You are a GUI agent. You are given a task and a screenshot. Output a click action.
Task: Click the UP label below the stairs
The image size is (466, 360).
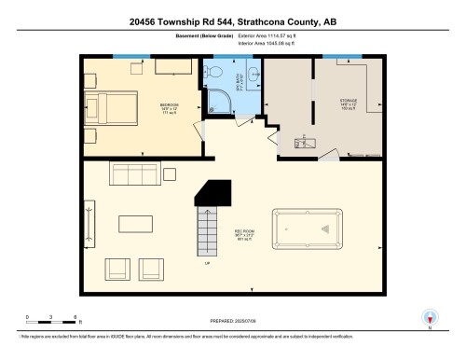tap(206, 264)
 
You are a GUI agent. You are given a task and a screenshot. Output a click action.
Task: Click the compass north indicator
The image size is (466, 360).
tap(430, 318)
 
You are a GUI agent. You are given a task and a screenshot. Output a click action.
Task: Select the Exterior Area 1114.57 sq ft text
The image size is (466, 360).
tap(279, 36)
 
